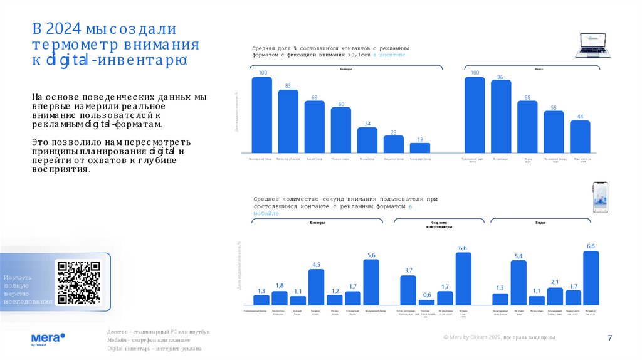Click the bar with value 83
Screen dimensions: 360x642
(288, 121)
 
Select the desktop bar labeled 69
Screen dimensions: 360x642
(315, 127)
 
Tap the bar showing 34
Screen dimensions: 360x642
(367, 140)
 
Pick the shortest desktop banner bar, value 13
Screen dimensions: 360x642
(420, 148)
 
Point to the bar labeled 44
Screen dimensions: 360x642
(580, 136)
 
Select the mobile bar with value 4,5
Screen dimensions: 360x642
(316, 287)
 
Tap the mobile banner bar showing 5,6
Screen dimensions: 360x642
(371, 282)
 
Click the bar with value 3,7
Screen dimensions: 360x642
(408, 290)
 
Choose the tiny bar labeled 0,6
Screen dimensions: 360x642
(426, 302)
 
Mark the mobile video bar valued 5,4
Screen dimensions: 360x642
(518, 282)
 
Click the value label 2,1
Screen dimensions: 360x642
(555, 282)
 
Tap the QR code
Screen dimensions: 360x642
(78, 282)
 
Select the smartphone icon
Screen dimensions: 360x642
(601, 198)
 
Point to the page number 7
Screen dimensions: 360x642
(609, 339)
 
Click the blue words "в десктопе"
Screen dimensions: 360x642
(389, 55)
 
